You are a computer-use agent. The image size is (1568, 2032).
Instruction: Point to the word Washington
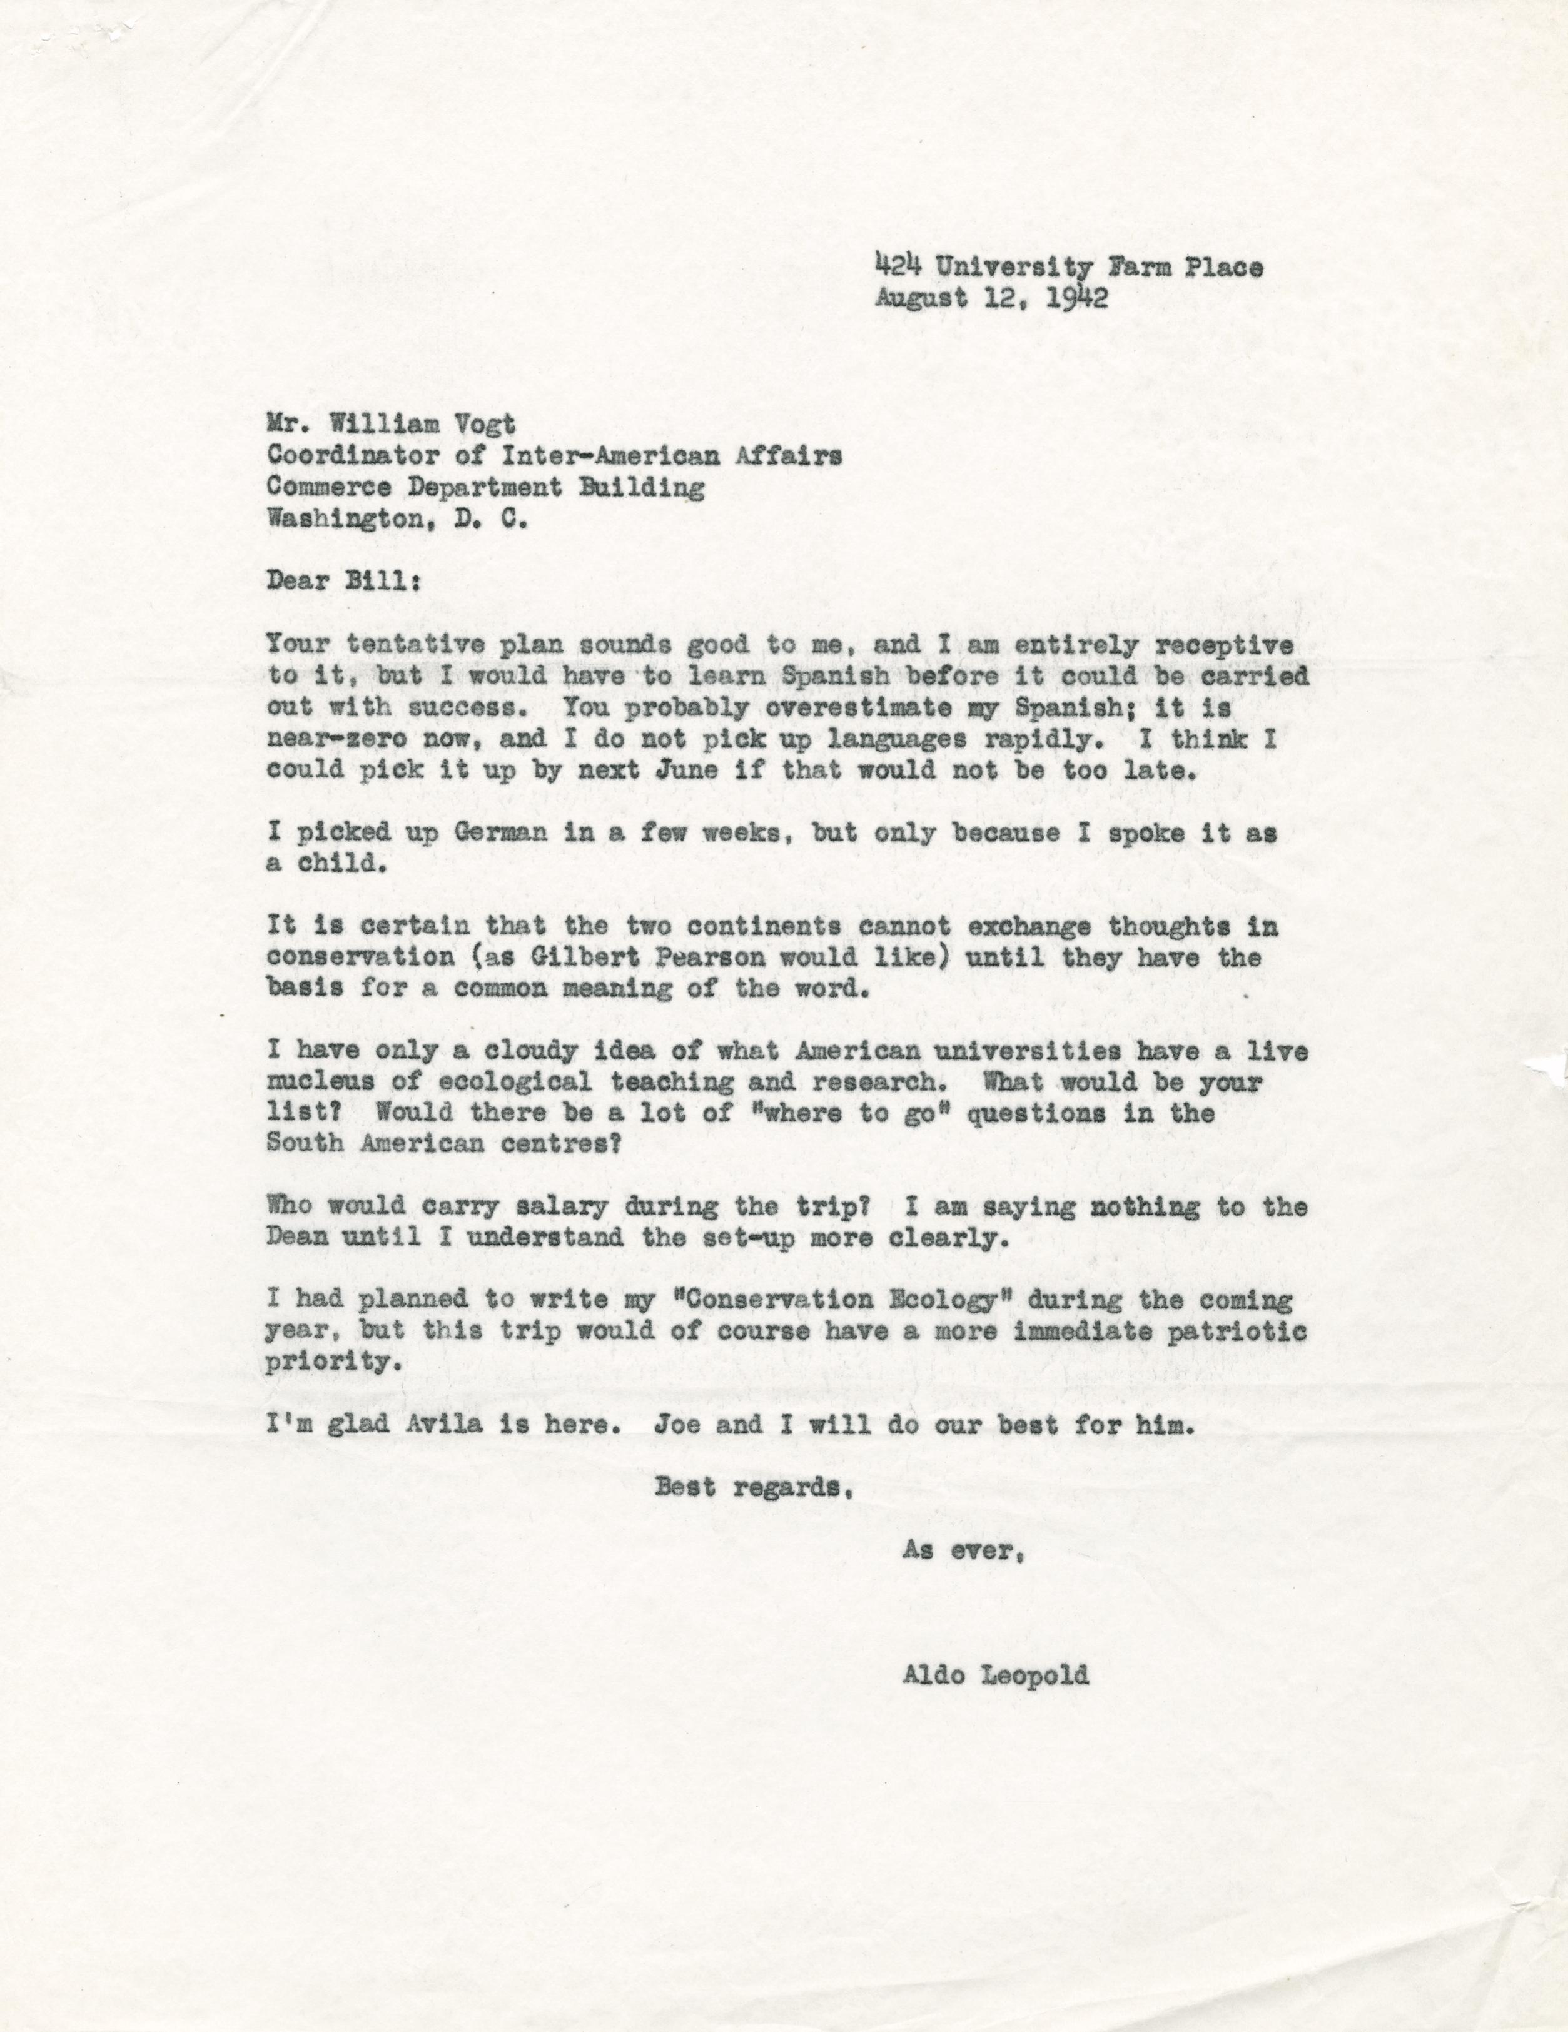[x=344, y=519]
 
